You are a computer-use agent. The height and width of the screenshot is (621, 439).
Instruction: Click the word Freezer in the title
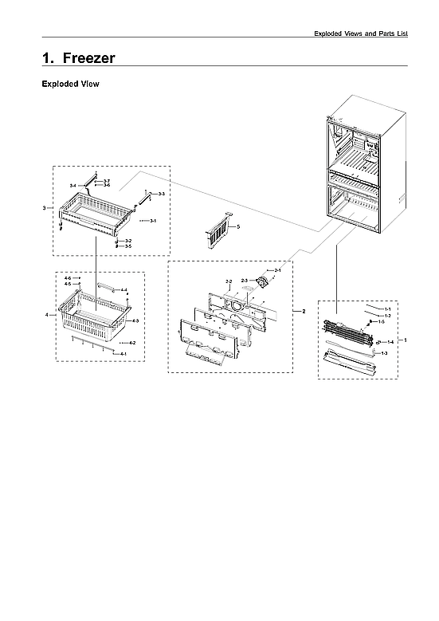(x=88, y=58)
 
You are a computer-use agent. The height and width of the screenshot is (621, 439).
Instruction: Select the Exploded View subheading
(x=70, y=84)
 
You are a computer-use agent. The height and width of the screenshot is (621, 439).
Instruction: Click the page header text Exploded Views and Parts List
(x=360, y=33)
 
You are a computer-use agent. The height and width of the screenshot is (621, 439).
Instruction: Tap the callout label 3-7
(x=107, y=181)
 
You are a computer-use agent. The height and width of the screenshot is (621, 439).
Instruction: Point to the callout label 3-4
(x=73, y=185)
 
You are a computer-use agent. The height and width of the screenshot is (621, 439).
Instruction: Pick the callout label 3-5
(x=127, y=246)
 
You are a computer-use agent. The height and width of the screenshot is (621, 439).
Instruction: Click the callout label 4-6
(x=68, y=277)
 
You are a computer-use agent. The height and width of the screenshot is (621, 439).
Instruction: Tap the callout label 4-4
(x=123, y=290)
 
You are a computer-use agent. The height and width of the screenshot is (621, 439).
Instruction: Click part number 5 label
(x=238, y=227)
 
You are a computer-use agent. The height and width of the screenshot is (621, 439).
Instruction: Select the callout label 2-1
(x=277, y=271)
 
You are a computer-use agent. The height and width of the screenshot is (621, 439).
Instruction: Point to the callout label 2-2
(x=229, y=282)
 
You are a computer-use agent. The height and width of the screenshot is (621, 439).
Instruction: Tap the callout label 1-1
(x=387, y=308)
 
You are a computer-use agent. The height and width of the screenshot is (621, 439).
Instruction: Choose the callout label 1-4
(x=390, y=341)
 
